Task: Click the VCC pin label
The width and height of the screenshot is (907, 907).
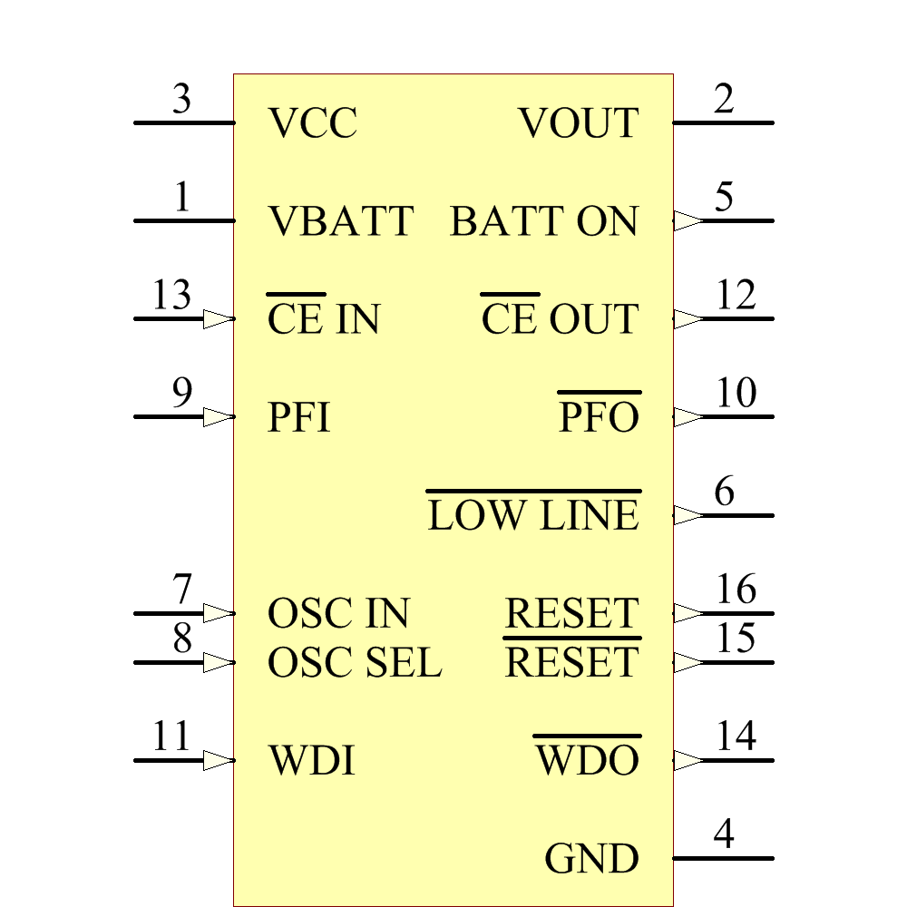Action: tap(313, 123)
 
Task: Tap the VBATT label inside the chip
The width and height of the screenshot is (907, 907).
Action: tap(341, 221)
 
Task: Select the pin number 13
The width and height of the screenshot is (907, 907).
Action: tap(171, 296)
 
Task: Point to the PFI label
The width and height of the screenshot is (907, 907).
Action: tap(299, 418)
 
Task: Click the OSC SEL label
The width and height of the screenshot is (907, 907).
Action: tap(355, 664)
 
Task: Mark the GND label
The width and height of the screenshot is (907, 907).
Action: tap(591, 859)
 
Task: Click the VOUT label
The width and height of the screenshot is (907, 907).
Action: tap(579, 123)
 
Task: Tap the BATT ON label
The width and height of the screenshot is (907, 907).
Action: tap(544, 221)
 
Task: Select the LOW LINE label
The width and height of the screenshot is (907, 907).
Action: tap(533, 515)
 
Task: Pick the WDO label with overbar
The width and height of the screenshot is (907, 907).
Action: tap(588, 760)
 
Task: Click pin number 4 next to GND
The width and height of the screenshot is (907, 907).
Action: tap(723, 834)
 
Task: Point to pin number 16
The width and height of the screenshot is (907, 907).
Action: tap(736, 590)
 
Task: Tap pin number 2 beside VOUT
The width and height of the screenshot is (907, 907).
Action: tap(723, 99)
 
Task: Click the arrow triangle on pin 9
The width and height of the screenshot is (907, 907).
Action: tap(219, 417)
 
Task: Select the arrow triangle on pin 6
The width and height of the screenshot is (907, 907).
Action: tap(688, 515)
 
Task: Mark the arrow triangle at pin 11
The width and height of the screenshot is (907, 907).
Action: tap(219, 760)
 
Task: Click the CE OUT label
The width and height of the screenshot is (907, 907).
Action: tap(560, 319)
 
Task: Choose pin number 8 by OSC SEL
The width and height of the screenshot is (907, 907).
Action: tap(182, 639)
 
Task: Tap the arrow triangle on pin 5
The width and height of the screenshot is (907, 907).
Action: tap(688, 220)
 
